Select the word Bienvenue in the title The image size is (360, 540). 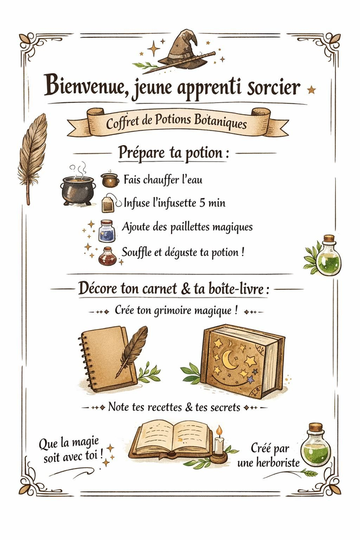click(x=84, y=86)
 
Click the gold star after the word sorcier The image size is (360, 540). click(x=312, y=90)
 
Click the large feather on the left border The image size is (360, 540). click(x=32, y=157)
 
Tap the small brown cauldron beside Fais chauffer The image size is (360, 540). click(x=110, y=180)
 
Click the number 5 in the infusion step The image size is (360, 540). click(x=202, y=203)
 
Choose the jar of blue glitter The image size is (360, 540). click(x=106, y=231)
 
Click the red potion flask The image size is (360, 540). click(x=107, y=256)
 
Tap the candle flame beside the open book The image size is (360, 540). click(x=219, y=430)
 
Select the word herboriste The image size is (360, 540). click(x=278, y=462)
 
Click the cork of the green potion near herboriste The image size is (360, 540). click(x=316, y=427)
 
